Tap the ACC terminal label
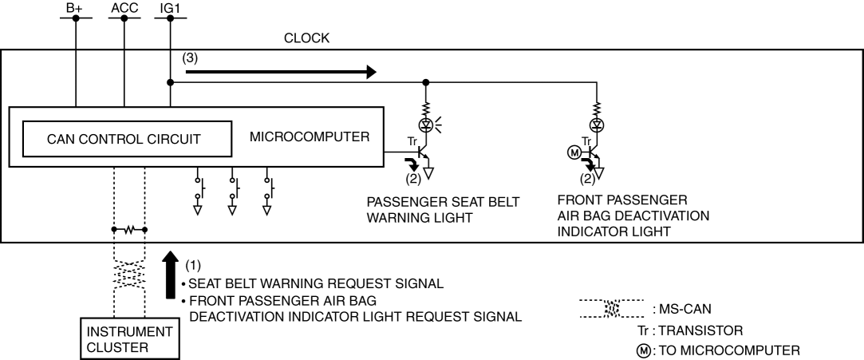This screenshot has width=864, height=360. click(124, 7)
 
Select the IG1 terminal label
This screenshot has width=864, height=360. click(171, 7)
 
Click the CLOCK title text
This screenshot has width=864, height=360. click(306, 38)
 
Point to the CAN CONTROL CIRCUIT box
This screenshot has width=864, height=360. click(124, 139)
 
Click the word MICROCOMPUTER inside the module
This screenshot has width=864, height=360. click(310, 136)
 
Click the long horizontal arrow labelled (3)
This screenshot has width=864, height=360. click(280, 72)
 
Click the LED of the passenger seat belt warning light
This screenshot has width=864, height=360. click(426, 125)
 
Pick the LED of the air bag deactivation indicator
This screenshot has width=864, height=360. click(595, 125)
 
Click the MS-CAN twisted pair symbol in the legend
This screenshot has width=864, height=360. click(613, 307)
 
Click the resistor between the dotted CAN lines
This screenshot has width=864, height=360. click(129, 229)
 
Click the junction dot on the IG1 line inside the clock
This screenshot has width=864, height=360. click(171, 81)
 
